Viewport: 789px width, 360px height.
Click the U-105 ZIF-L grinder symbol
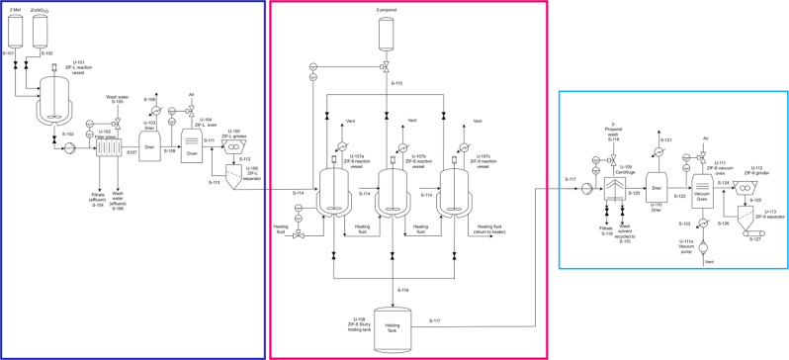(x=237, y=144)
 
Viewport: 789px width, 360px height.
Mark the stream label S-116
(x=402, y=288)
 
